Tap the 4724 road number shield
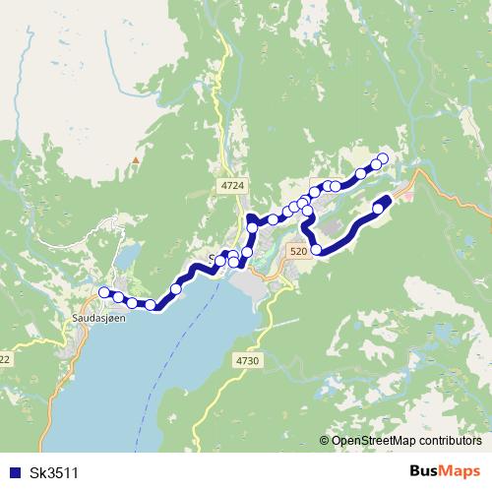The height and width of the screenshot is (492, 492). pyautogui.click(x=233, y=185)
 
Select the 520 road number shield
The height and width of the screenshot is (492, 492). pyautogui.click(x=299, y=252)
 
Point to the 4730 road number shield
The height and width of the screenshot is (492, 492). pyautogui.click(x=247, y=362)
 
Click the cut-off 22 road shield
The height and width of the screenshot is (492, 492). pyautogui.click(x=5, y=360)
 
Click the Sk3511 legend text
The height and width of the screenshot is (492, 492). pyautogui.click(x=54, y=472)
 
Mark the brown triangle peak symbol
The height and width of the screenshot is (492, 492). pyautogui.click(x=135, y=157)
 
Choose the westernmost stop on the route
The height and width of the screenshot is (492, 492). pyautogui.click(x=103, y=292)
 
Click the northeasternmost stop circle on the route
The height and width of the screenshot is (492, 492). pyautogui.click(x=383, y=159)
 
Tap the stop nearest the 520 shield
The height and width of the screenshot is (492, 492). pyautogui.click(x=316, y=250)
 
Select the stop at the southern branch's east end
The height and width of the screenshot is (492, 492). pyautogui.click(x=378, y=208)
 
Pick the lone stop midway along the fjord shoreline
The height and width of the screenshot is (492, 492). pyautogui.click(x=176, y=288)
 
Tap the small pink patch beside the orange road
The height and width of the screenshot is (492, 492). pyautogui.click(x=409, y=197)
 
